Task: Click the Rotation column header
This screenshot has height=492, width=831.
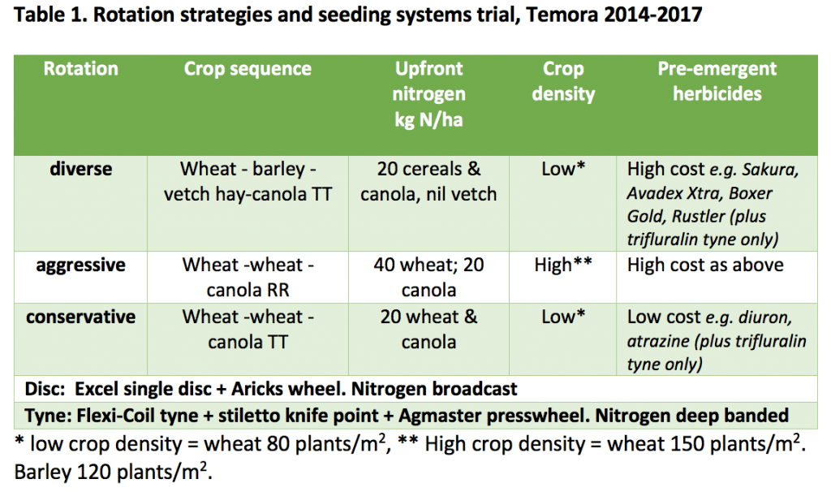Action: (x=80, y=69)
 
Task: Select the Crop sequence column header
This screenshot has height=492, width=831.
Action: (x=248, y=69)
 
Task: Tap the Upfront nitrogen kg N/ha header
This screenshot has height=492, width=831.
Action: (x=428, y=94)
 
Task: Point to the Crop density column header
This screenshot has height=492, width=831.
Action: (x=563, y=81)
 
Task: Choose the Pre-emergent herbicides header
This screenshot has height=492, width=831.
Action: (x=717, y=81)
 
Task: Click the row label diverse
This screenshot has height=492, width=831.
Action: (x=80, y=169)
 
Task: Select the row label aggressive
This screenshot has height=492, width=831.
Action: (x=80, y=265)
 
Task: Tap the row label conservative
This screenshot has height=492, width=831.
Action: (x=80, y=317)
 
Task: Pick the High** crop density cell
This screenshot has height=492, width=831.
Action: (x=563, y=265)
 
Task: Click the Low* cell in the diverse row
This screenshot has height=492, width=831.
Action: (x=563, y=169)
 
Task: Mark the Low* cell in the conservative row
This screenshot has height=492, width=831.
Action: (x=563, y=317)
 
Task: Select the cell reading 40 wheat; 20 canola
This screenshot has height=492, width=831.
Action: (x=428, y=278)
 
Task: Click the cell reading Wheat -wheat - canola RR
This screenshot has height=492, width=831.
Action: (x=248, y=278)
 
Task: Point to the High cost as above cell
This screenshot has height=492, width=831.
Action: (x=705, y=265)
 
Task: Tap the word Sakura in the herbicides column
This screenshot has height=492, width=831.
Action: (x=770, y=170)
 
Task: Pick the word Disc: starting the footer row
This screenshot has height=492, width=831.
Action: (x=45, y=389)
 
